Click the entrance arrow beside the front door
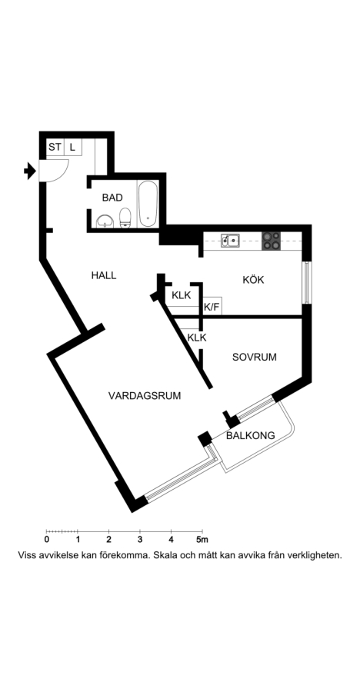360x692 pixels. tap(29, 171)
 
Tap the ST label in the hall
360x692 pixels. tap(55, 147)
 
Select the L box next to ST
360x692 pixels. tap(72, 147)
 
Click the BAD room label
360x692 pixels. tap(112, 198)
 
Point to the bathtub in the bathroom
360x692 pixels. tap(148, 204)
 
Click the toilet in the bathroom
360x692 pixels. tap(125, 218)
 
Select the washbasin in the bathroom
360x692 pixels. tap(105, 221)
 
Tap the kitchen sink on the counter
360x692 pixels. tap(230, 240)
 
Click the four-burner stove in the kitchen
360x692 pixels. tap(271, 241)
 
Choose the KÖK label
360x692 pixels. tap(254, 279)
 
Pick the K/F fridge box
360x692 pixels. tap(212, 306)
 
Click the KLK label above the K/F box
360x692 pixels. tap(182, 295)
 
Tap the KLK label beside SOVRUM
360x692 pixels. tap(197, 338)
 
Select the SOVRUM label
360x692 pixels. tap(255, 357)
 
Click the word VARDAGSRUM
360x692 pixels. tap(145, 395)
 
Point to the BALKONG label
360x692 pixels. tap(251, 436)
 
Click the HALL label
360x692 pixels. tap(104, 275)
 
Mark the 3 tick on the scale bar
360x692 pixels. tap(140, 531)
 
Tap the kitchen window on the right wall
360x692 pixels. tap(307, 282)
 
